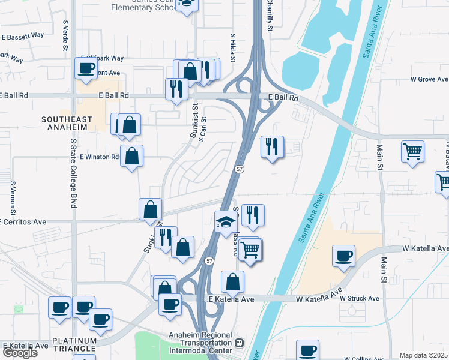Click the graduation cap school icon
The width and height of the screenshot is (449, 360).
coord(224,222)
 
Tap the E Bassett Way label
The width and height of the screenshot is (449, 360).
coord(22,35)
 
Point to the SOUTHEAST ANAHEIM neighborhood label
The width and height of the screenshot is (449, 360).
coord(67,124)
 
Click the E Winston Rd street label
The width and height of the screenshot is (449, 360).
coord(100,157)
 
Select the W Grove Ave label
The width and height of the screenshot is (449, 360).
coord(429,79)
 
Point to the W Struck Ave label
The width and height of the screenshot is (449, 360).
coord(359,298)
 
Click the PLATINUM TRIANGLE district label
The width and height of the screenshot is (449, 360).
coord(74,344)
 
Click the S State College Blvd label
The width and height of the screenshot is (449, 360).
coord(74,173)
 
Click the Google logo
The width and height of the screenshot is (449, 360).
coord(20,353)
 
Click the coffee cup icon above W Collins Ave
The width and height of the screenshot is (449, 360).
coord(308,349)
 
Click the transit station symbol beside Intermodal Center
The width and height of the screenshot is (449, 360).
coord(239,343)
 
